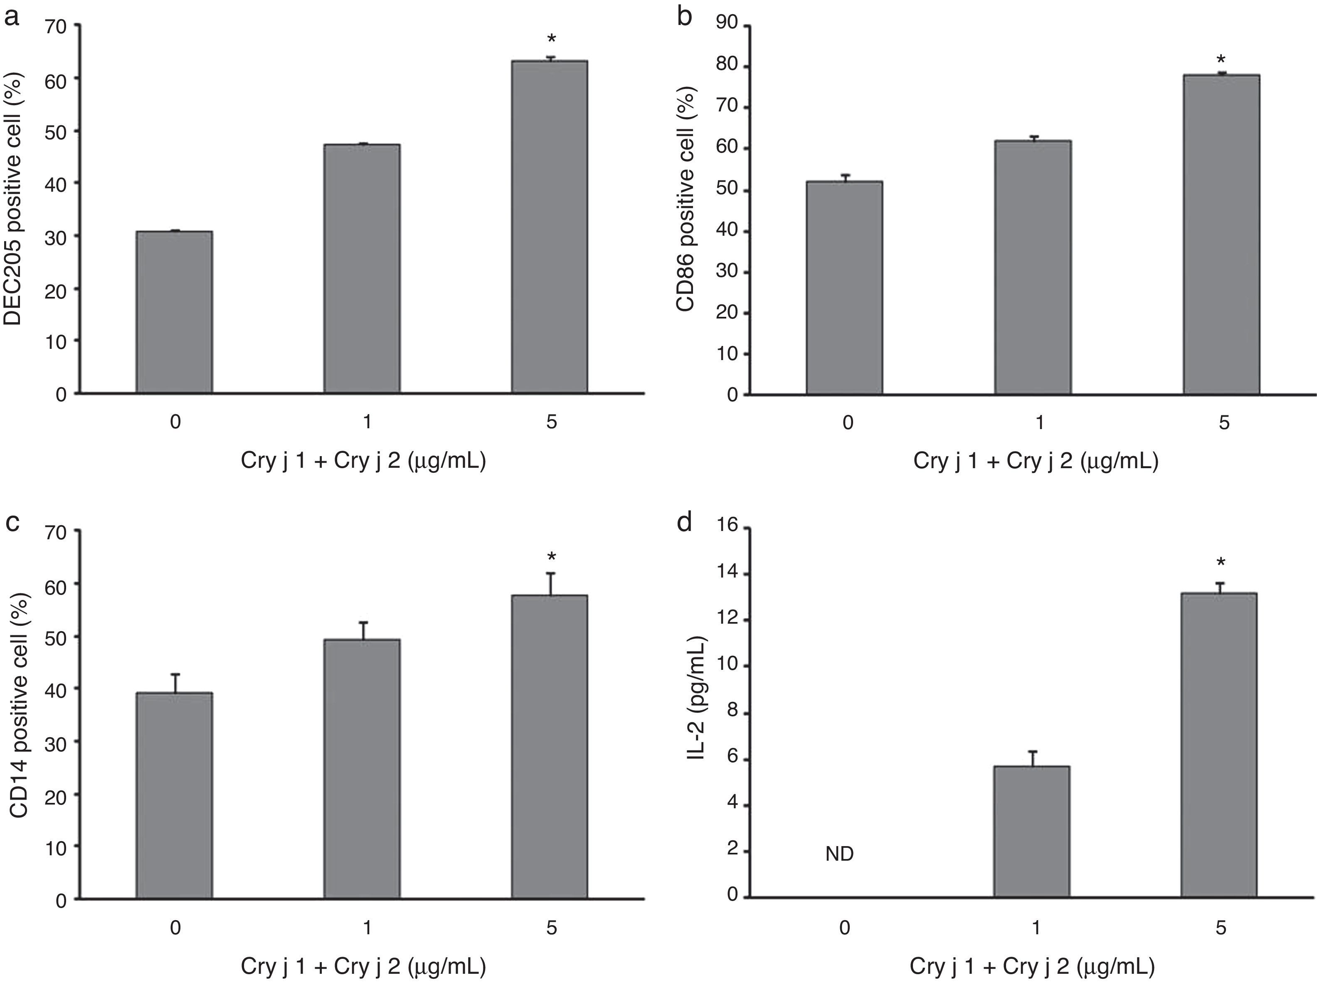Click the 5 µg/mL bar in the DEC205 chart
pos(550,226)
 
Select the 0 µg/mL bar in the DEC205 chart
pos(175,312)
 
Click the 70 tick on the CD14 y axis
pos(55,532)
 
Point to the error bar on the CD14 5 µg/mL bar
pos(551,584)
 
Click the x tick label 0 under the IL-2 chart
pos(844,928)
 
